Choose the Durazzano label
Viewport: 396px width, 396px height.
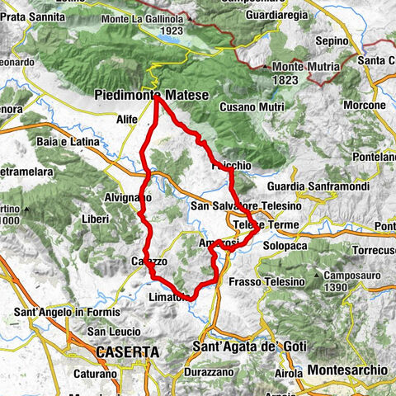coord(204,372)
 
